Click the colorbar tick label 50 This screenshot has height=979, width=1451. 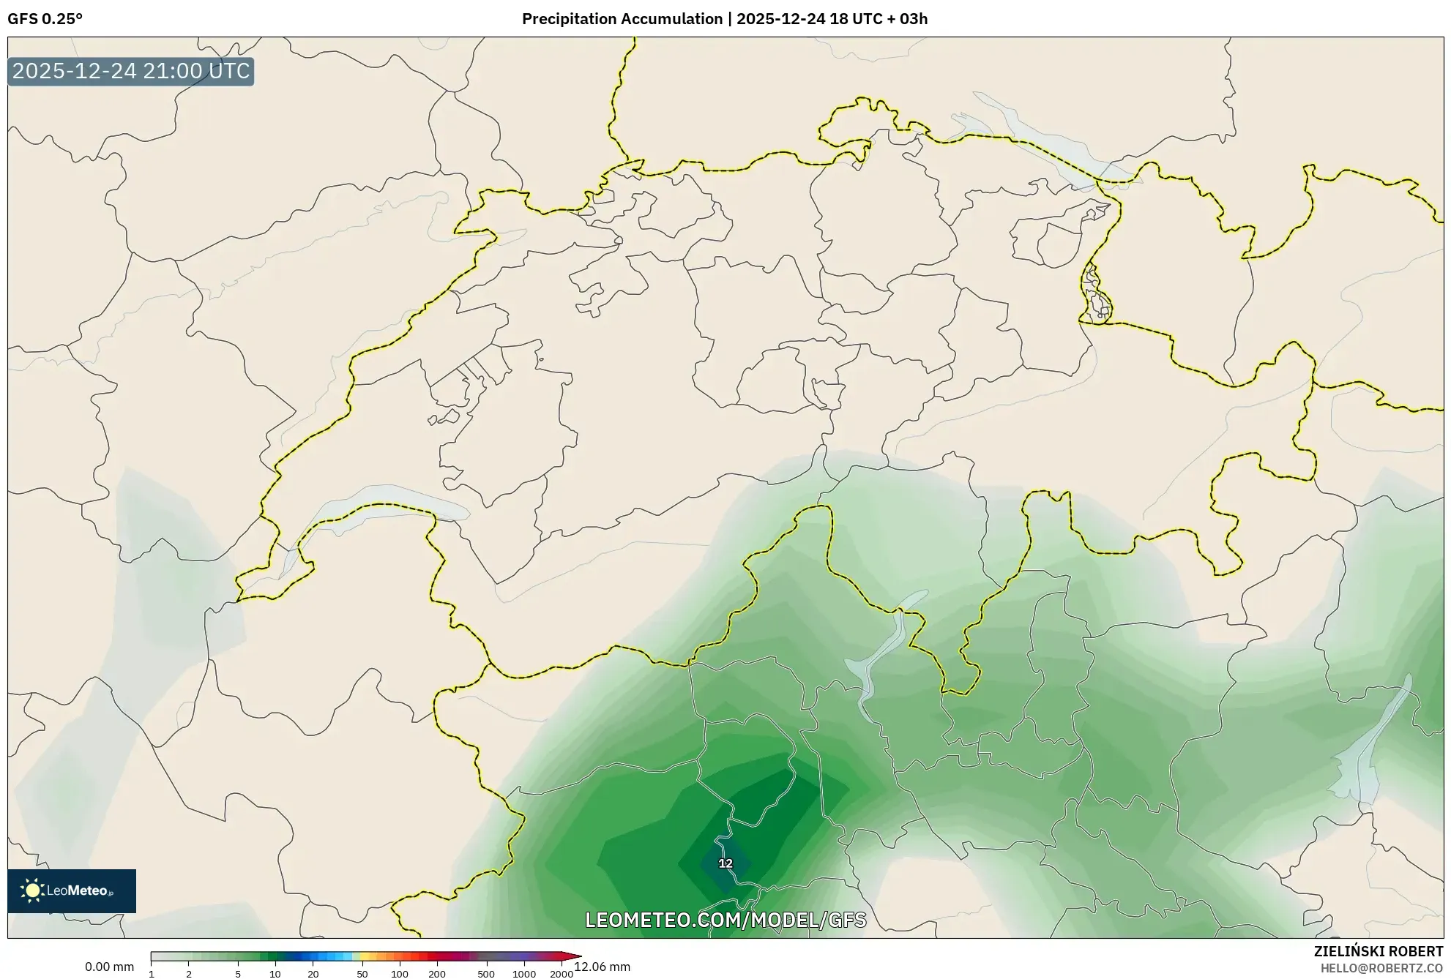point(362,974)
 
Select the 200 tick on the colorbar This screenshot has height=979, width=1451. point(436,974)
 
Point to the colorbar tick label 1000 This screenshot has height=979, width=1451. point(523,974)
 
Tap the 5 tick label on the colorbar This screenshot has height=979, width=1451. point(238,974)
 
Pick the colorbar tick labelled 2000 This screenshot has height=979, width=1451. point(561,974)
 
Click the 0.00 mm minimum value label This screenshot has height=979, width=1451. point(109,967)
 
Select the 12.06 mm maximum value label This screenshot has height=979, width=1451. point(602,967)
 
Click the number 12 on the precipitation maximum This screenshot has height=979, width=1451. point(725,863)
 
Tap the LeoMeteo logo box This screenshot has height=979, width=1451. point(72,890)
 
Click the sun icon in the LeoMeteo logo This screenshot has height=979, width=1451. point(32,890)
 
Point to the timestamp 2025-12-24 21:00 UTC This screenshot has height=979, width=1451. point(131,71)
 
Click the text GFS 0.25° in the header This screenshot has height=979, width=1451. point(45,19)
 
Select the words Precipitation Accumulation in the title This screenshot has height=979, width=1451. point(622,19)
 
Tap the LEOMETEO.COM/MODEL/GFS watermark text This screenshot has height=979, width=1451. point(725,920)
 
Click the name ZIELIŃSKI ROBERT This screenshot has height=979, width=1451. point(1378,951)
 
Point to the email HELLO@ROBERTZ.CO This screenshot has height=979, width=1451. point(1381,968)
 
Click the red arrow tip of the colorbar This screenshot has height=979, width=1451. point(576,956)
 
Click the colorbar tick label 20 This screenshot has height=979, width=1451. point(313,974)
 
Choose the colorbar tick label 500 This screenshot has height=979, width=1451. point(485,974)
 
